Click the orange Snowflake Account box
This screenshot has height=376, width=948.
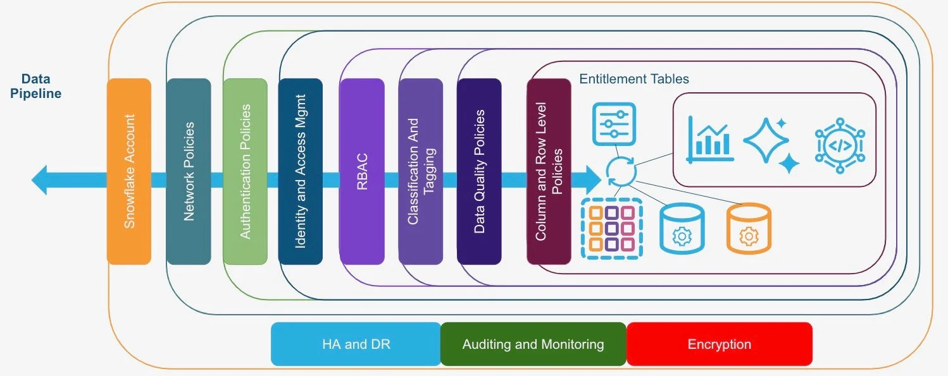point(129,171)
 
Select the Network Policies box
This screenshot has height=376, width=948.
point(189,171)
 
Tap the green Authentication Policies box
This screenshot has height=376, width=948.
point(245,171)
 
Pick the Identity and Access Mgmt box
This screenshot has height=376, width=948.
point(300,171)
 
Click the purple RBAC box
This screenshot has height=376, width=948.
point(361,171)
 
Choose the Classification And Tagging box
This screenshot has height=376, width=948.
point(421,171)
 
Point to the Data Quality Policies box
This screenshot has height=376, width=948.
point(479,171)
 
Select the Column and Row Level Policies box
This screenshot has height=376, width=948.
point(549,171)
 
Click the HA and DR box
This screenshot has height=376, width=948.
point(356,344)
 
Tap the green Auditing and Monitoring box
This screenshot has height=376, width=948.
point(533,344)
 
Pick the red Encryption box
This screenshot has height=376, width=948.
point(719,344)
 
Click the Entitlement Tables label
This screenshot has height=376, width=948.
point(634,79)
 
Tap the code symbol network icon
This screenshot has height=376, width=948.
point(839,143)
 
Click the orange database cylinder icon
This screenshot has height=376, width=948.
point(749,229)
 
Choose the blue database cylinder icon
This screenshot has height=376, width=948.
point(682,229)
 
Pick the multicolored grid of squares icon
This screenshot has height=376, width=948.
point(611,229)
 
